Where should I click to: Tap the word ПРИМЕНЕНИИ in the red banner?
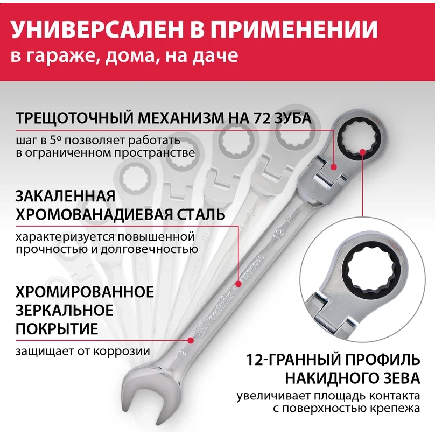301,31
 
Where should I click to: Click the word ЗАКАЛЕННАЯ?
66,195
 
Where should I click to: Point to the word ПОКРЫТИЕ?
57,329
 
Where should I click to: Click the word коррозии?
124,352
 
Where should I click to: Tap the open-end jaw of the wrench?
141,396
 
